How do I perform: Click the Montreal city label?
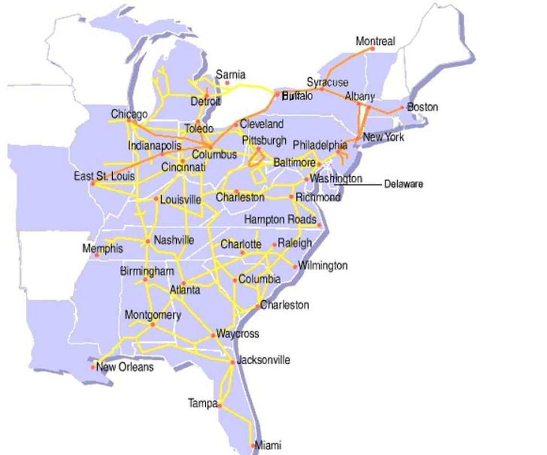point(375,41)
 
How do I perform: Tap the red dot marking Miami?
point(253,446)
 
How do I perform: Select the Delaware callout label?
point(404,184)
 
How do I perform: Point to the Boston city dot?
point(402,108)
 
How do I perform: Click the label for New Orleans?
point(125,367)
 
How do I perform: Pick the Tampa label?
point(202,403)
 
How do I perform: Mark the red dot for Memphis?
point(97,255)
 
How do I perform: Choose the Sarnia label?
point(230,74)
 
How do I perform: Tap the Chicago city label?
point(129,114)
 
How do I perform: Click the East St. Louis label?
point(104,176)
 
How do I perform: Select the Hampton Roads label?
point(280,219)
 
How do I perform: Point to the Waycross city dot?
point(213,335)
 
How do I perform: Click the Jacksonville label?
point(263,360)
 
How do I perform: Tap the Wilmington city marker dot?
point(295,267)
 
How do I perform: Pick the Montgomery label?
point(153,315)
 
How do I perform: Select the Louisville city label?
point(180,199)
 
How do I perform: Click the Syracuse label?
point(327,82)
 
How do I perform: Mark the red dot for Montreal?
point(373,48)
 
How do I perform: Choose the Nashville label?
point(174,239)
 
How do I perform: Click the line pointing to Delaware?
point(357,184)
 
